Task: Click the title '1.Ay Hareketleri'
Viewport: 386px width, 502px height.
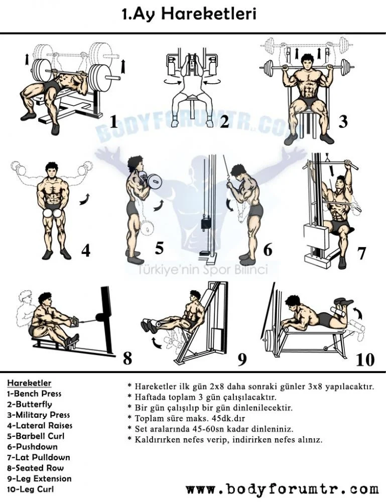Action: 189,14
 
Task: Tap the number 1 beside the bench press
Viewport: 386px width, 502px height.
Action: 113,121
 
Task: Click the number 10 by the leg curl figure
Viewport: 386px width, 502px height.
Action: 365,359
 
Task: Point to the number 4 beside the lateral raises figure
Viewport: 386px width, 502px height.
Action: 86,249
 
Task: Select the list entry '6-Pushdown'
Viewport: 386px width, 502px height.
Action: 32,447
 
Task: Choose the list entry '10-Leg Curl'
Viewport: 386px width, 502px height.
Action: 30,489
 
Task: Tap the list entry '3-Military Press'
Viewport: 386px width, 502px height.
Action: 38,415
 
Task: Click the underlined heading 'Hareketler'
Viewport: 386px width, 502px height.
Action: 29,384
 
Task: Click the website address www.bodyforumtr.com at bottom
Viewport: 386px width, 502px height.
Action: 282,488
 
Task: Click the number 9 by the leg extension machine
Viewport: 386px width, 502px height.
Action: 242,359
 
